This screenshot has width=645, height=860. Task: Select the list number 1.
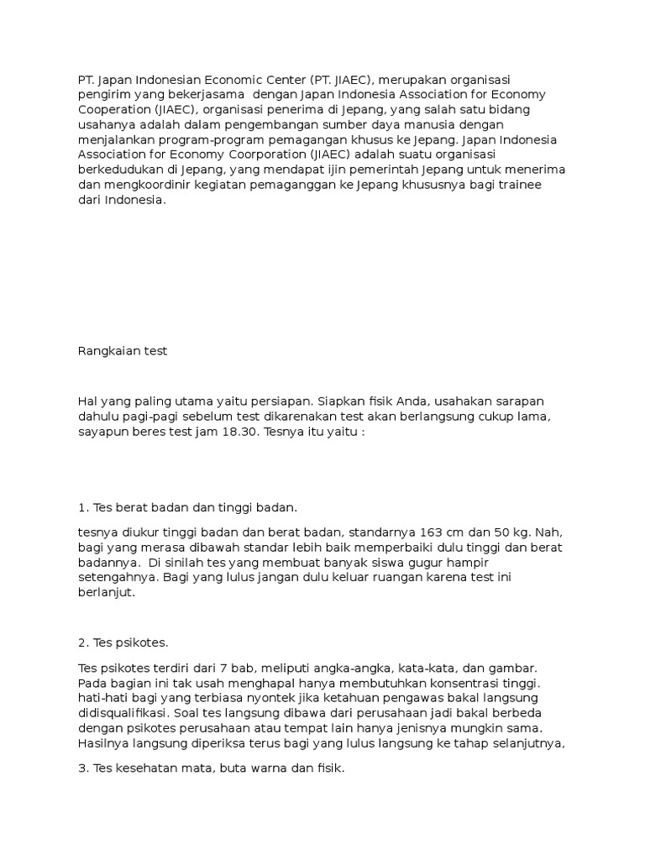(x=81, y=507)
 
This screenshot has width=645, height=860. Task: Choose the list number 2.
(x=81, y=643)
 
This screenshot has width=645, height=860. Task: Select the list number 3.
(x=81, y=769)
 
